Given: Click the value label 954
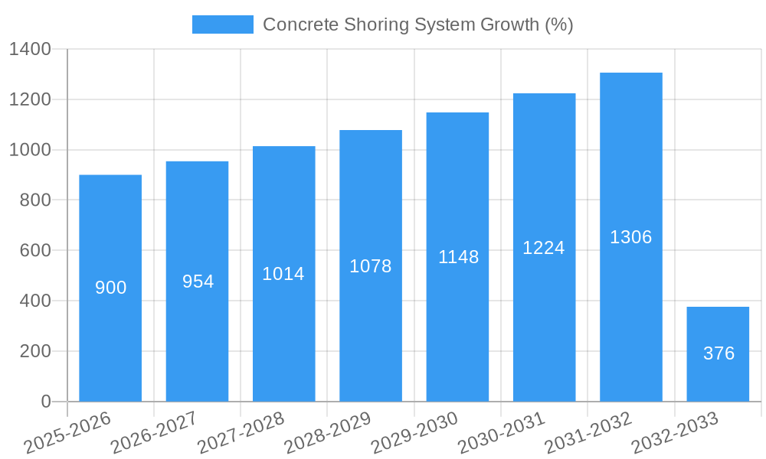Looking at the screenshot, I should [x=198, y=282].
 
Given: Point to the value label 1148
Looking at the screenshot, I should [x=458, y=257].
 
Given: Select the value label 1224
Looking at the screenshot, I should [x=544, y=248].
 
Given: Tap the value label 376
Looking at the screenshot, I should [x=719, y=353].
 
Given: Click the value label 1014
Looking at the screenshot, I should [x=283, y=274].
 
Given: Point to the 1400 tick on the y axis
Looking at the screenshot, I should [x=30, y=50].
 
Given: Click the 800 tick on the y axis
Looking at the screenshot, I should [x=34, y=200].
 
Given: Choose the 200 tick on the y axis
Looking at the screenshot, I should [x=34, y=351].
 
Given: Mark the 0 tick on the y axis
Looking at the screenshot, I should [x=45, y=402].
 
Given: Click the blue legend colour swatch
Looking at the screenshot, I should [x=222, y=24].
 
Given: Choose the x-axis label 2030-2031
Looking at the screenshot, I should [x=502, y=432].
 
